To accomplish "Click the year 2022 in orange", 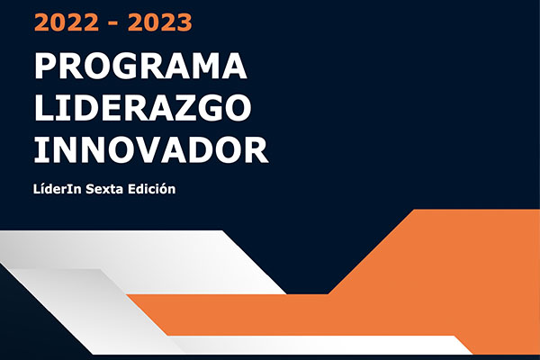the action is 67,22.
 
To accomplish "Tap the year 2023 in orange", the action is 159,22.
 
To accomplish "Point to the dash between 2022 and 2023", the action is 113,24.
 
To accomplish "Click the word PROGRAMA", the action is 140,66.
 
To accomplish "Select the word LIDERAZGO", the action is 142,108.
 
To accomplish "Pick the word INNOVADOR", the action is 151,149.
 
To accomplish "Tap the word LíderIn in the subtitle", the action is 58,189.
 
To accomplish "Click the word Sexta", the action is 104,189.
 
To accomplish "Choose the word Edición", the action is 152,189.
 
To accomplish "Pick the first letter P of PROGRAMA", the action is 46,66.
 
